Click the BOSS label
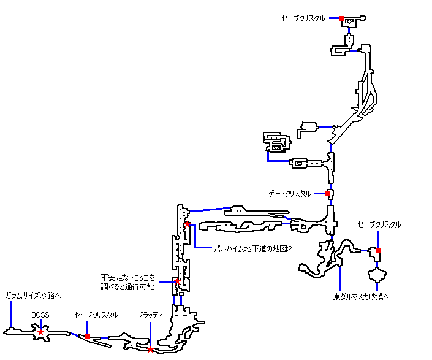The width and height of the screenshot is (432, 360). [40, 315]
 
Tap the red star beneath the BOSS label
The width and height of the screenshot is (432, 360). [40, 332]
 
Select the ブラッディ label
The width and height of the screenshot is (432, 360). [150, 315]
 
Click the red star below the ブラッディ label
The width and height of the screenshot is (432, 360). [150, 350]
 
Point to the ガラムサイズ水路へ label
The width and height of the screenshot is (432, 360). [33, 295]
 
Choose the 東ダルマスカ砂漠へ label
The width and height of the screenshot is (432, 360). [362, 296]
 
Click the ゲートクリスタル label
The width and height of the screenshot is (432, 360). [289, 194]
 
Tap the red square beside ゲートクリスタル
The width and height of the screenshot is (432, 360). [327, 194]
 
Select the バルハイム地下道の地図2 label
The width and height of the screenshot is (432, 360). [251, 248]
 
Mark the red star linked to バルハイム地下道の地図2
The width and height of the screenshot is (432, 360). [186, 224]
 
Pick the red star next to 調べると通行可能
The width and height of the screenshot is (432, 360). [176, 282]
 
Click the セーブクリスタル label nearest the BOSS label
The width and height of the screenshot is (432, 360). [96, 315]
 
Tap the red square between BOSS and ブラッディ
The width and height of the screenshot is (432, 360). [88, 335]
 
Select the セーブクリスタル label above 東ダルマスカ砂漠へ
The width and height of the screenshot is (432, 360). [379, 224]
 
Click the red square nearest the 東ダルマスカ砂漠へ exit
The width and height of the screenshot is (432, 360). [378, 250]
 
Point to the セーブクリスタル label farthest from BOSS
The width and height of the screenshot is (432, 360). [303, 18]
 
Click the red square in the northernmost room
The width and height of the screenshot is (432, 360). [342, 18]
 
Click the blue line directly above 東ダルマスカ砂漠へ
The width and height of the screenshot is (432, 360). [339, 277]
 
